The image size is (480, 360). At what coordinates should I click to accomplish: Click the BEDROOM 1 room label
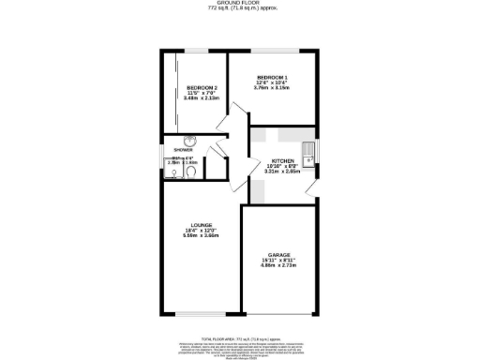tap(272, 77)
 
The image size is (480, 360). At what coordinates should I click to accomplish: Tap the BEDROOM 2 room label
tap(202, 86)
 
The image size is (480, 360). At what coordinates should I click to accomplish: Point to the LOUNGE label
tap(201, 225)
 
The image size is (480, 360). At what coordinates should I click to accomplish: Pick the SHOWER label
tap(183, 149)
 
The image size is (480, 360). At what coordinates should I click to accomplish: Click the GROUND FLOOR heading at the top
tap(239, 3)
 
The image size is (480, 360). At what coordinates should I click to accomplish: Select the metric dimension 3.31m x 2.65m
tap(283, 172)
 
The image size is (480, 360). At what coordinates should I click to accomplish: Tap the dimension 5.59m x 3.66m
tap(201, 236)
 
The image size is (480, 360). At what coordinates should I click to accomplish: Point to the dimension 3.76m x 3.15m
tap(273, 88)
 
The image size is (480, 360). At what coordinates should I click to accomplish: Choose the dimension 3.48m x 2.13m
tap(202, 97)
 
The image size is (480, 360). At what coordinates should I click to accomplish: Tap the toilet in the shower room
tap(191, 172)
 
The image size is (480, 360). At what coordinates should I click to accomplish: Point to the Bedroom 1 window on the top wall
tap(272, 50)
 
